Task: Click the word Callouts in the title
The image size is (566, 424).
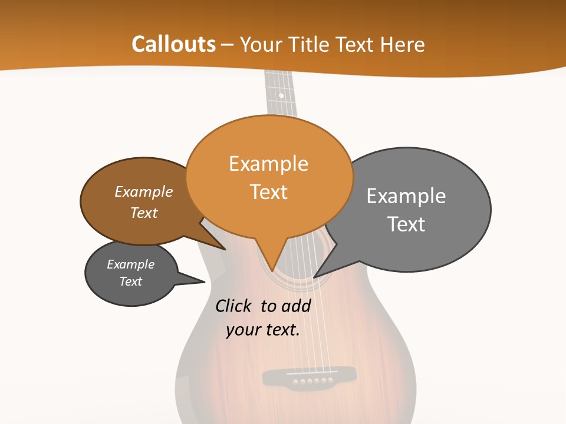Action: tap(173, 44)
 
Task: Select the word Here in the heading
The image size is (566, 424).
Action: tap(403, 45)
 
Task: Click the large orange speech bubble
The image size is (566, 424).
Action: tap(269, 177)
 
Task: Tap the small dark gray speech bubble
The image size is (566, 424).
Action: tap(131, 273)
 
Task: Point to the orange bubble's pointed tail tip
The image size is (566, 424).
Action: tap(272, 270)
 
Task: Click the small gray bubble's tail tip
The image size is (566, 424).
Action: tap(204, 281)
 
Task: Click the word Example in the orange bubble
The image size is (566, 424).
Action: tap(269, 164)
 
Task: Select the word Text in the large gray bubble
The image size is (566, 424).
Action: tap(406, 224)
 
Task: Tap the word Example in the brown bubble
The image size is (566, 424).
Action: tap(144, 192)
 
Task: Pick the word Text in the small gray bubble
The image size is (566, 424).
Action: tap(131, 281)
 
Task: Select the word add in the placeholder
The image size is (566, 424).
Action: tap(295, 306)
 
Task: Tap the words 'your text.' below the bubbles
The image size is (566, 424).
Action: tap(263, 330)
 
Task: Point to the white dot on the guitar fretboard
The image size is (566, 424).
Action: tap(281, 95)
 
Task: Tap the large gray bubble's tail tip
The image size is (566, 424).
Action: tap(314, 277)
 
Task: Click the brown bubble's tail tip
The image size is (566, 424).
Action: tap(225, 250)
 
